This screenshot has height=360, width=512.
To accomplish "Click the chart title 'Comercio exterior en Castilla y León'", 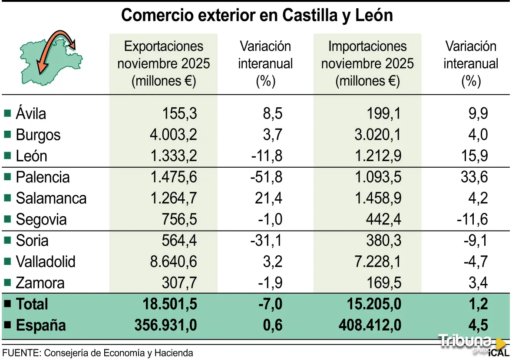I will coord(257,15).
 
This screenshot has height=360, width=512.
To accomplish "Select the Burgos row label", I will coord(38,135).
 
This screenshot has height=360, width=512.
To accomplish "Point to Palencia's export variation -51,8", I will coord(266,177).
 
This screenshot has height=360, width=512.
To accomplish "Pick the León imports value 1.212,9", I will coord(377,156).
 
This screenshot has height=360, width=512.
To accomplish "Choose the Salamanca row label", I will coord(51,198).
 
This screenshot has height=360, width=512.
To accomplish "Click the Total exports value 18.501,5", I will coord(170,304).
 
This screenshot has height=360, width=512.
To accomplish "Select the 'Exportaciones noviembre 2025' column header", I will coord(163,63).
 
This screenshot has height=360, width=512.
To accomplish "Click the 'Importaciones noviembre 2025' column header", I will coord(367,63).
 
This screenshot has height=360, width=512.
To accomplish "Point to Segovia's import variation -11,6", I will coord(472,219).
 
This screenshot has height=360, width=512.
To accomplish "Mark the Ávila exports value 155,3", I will coord(180,114).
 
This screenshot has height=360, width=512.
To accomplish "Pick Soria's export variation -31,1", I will coord(266,241).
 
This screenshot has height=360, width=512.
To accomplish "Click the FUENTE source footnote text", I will coord(98,353).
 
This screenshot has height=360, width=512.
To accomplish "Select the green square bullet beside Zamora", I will coord(7,283).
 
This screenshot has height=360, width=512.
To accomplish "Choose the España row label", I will coord(41,325).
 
